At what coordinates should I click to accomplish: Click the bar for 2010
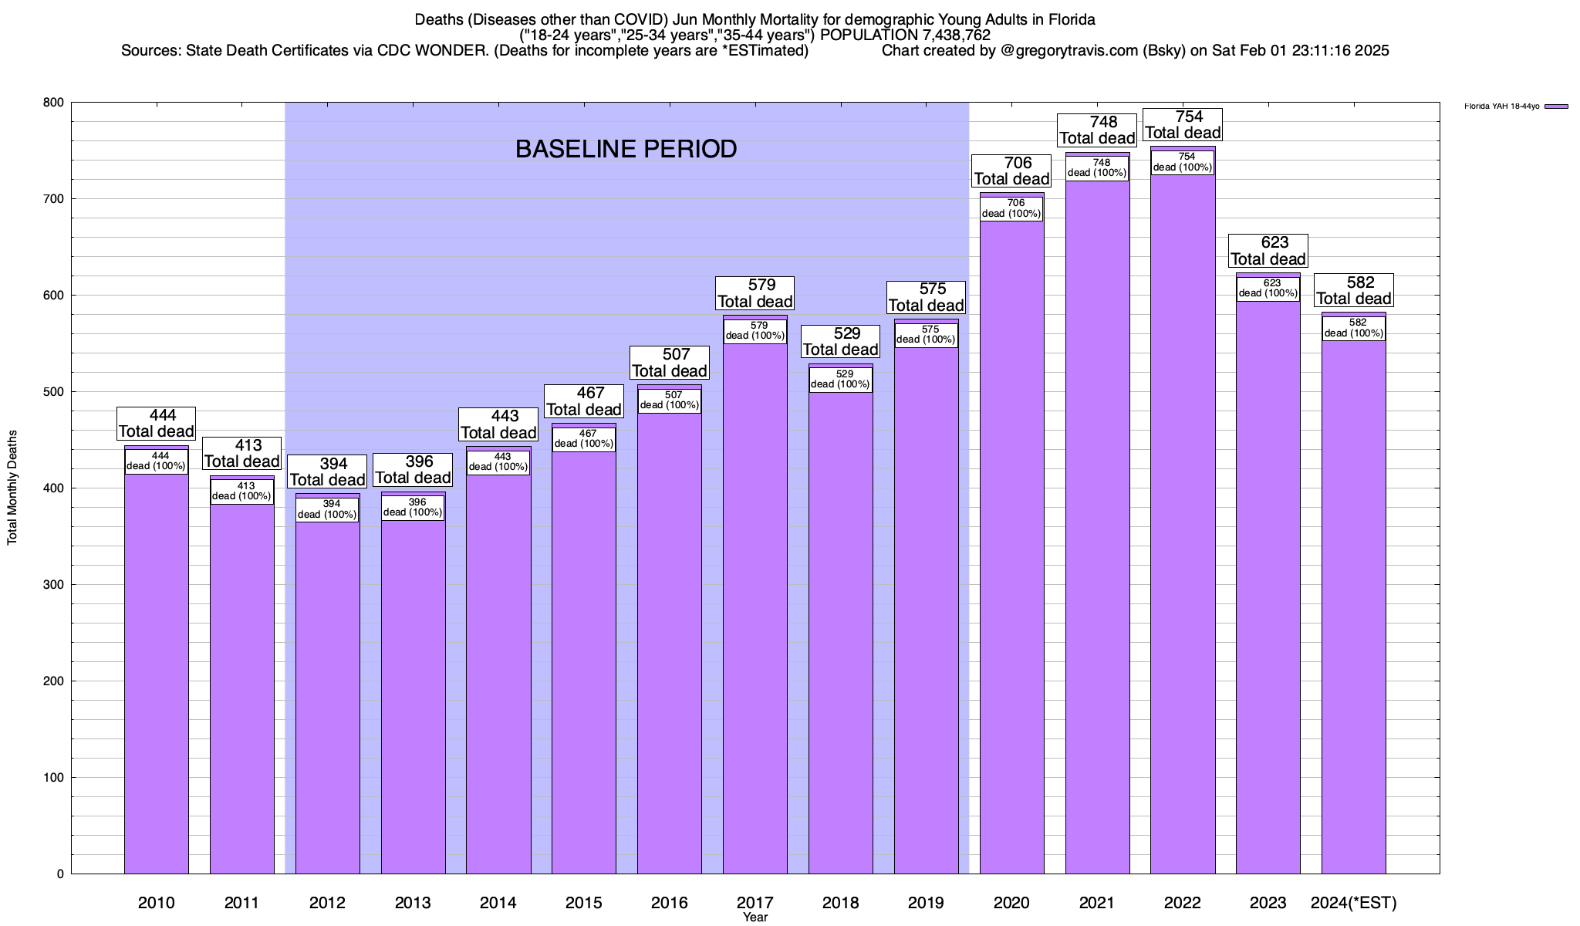tap(157, 671)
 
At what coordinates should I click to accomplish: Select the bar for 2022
tap(1183, 540)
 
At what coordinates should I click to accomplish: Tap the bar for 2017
tap(755, 617)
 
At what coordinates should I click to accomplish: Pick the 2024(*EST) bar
tap(1354, 617)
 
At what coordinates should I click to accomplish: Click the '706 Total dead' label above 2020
tap(1011, 171)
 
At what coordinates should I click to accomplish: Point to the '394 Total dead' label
tap(327, 471)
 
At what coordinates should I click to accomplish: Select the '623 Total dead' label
tap(1268, 251)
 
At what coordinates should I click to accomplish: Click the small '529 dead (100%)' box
tap(841, 379)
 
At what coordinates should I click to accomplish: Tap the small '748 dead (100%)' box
tap(1097, 167)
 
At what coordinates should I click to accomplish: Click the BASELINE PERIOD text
tap(626, 149)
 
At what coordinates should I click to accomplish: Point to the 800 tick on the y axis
tap(54, 103)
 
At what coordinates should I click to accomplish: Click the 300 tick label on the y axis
tap(54, 585)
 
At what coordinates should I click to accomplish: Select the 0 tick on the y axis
tap(59, 874)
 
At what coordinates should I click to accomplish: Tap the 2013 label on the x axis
tap(413, 902)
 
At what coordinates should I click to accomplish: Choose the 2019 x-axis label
tap(926, 902)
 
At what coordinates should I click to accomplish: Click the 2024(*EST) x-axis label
tap(1354, 902)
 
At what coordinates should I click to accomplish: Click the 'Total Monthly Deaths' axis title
tap(12, 488)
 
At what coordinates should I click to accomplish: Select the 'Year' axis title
tap(755, 918)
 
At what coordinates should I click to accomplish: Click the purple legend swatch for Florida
tap(1556, 106)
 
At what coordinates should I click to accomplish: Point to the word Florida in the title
tap(1072, 19)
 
